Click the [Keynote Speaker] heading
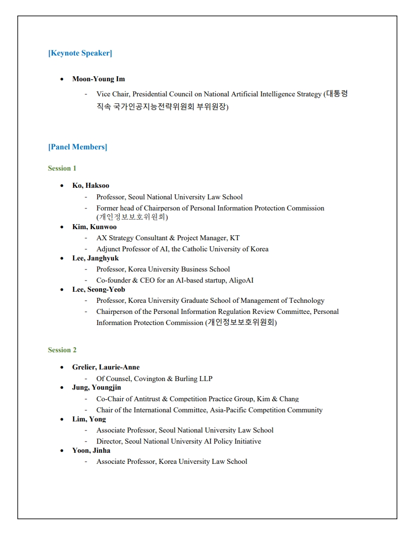(80, 53)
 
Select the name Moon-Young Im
(98, 79)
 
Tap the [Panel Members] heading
(77, 147)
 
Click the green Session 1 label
(62, 168)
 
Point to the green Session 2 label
(62, 350)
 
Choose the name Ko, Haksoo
(90, 185)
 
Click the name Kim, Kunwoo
(94, 227)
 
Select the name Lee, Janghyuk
(95, 258)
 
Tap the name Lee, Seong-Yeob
(98, 289)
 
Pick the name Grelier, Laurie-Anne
(106, 367)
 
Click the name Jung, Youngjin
(96, 388)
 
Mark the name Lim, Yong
(89, 419)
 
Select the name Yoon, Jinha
(91, 450)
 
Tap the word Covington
(149, 379)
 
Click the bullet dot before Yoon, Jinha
(62, 450)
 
